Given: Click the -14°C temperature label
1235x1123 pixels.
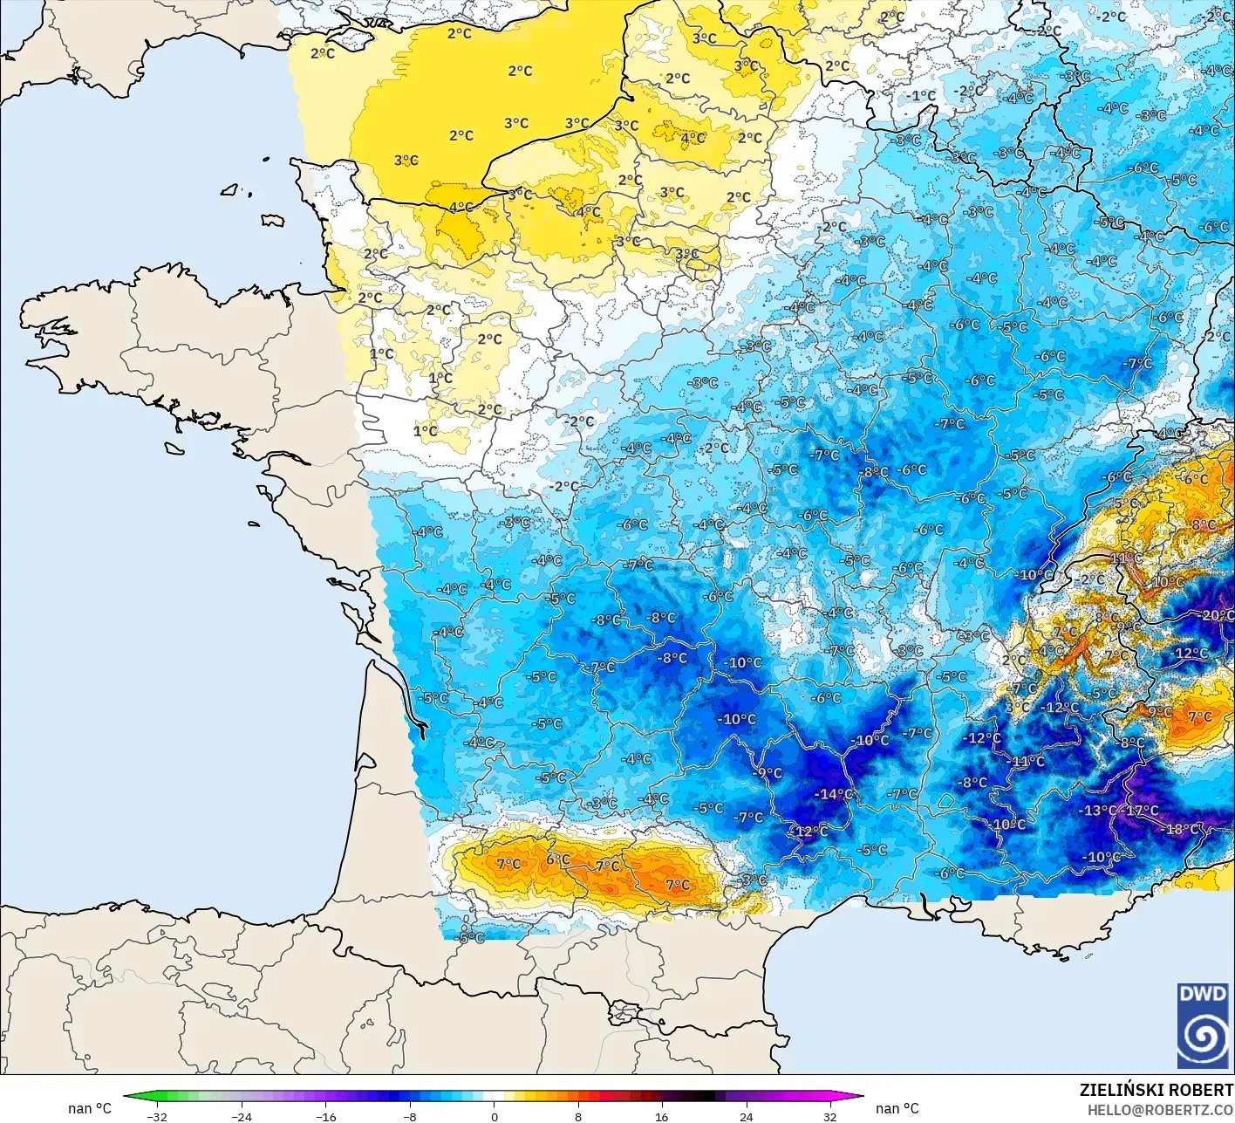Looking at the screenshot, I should pyautogui.click(x=834, y=794).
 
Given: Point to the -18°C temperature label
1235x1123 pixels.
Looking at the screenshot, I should pyautogui.click(x=1182, y=829).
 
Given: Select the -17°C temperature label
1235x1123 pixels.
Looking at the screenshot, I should pyautogui.click(x=1142, y=811).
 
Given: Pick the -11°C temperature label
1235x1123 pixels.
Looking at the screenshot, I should pyautogui.click(x=1027, y=761).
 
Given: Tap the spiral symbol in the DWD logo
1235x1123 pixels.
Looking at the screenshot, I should pyautogui.click(x=1203, y=1038).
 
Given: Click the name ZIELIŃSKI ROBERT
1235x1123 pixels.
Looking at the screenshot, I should pyautogui.click(x=1156, y=1090).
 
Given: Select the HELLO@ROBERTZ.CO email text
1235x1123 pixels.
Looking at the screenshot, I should pyautogui.click(x=1160, y=1109).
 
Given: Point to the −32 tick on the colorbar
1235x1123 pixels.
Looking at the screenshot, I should pyautogui.click(x=157, y=1116).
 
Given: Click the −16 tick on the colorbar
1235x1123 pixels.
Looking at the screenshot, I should pyautogui.click(x=325, y=1116).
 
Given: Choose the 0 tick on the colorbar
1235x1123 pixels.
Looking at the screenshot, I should pyautogui.click(x=494, y=1116).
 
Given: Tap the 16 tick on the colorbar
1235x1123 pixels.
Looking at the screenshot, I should pyautogui.click(x=662, y=1116).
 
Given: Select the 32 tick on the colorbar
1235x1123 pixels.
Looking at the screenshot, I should pyautogui.click(x=829, y=1116).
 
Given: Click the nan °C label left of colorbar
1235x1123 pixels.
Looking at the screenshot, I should pyautogui.click(x=90, y=1108).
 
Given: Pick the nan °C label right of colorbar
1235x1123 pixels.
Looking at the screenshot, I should pyautogui.click(x=897, y=1108).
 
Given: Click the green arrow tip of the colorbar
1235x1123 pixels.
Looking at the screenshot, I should pyautogui.click(x=127, y=1097).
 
